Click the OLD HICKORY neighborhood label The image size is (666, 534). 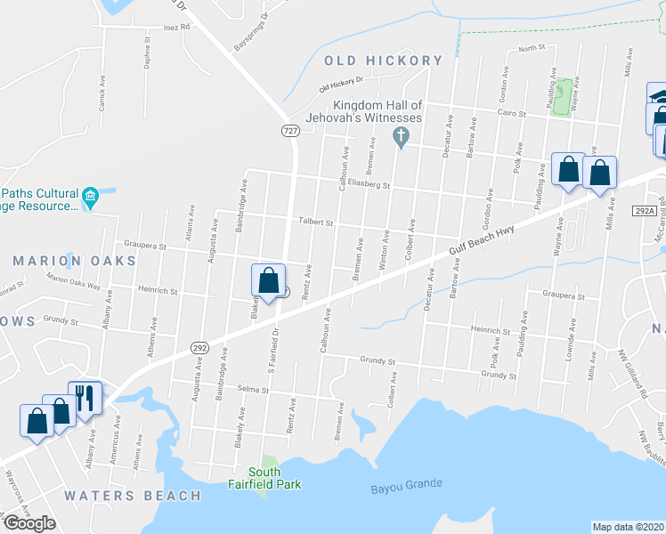coord(383,61)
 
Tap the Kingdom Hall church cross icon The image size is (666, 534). coord(401,137)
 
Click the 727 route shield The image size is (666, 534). coord(291,131)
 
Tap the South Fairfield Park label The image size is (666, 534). coord(264,478)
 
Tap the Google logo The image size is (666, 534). coord(28,523)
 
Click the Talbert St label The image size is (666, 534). coord(314,222)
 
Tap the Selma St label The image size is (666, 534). coord(253,389)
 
